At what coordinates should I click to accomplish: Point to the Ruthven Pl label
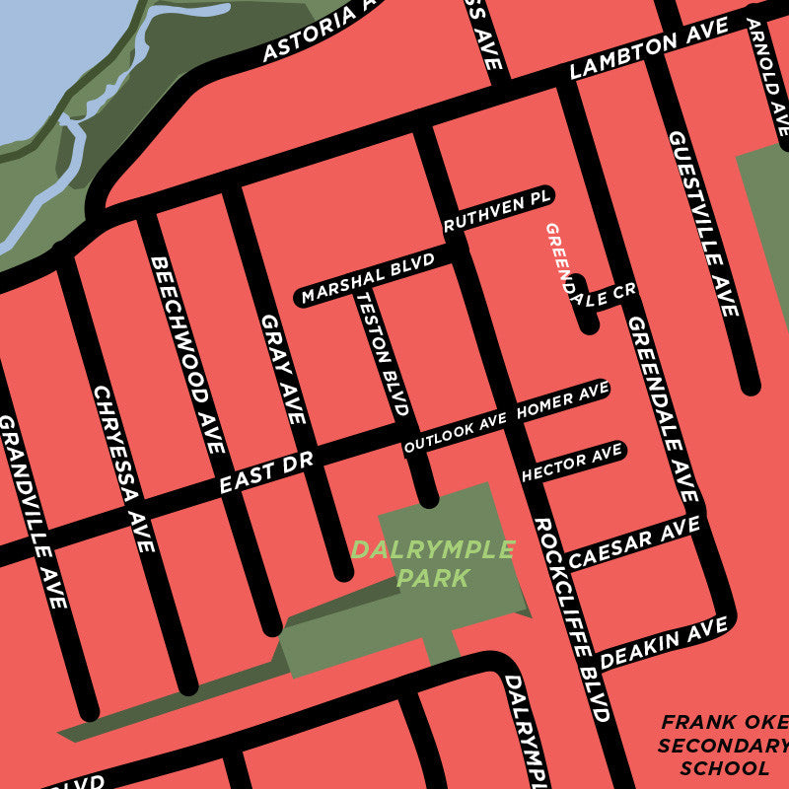point(496,211)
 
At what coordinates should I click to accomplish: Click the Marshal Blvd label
point(368,280)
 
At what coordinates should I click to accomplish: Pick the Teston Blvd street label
point(383,352)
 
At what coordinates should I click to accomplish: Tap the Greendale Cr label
point(582,276)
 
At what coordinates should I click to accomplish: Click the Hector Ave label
point(572,464)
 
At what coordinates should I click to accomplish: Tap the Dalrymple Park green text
point(433,563)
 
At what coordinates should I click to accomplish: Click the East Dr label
point(265,474)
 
